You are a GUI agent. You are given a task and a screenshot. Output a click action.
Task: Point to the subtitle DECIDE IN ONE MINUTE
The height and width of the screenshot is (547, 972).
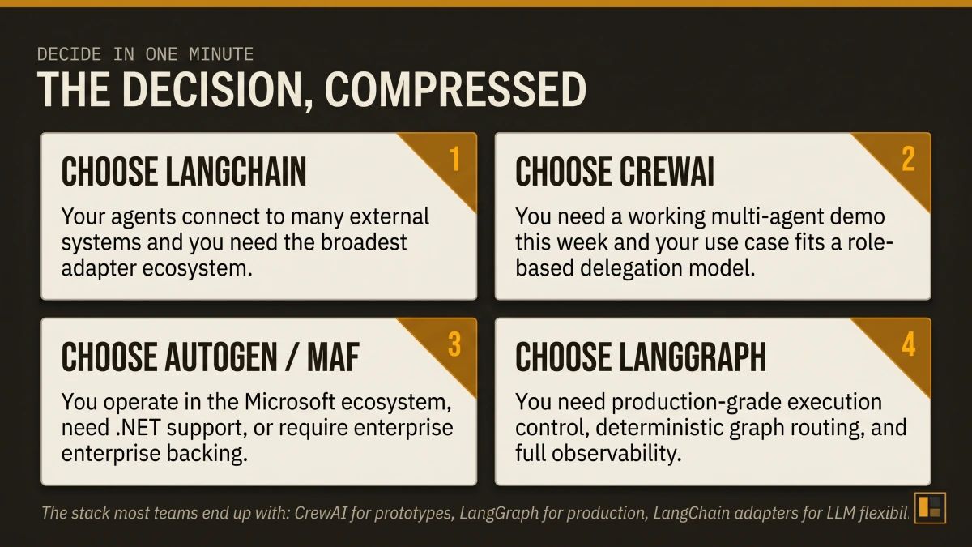145,54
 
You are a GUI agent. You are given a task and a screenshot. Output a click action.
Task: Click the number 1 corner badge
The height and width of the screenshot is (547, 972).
454,160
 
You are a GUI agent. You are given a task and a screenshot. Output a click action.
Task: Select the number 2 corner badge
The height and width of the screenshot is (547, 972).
907,160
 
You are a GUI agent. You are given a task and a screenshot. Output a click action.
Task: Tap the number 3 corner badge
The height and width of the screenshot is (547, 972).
454,344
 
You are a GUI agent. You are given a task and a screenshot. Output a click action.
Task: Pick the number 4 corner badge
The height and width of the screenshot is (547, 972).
907,344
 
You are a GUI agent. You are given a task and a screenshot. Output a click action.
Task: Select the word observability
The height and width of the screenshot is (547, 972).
607,453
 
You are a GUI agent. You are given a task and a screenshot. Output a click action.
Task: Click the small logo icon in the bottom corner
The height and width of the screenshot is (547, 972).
929,506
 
